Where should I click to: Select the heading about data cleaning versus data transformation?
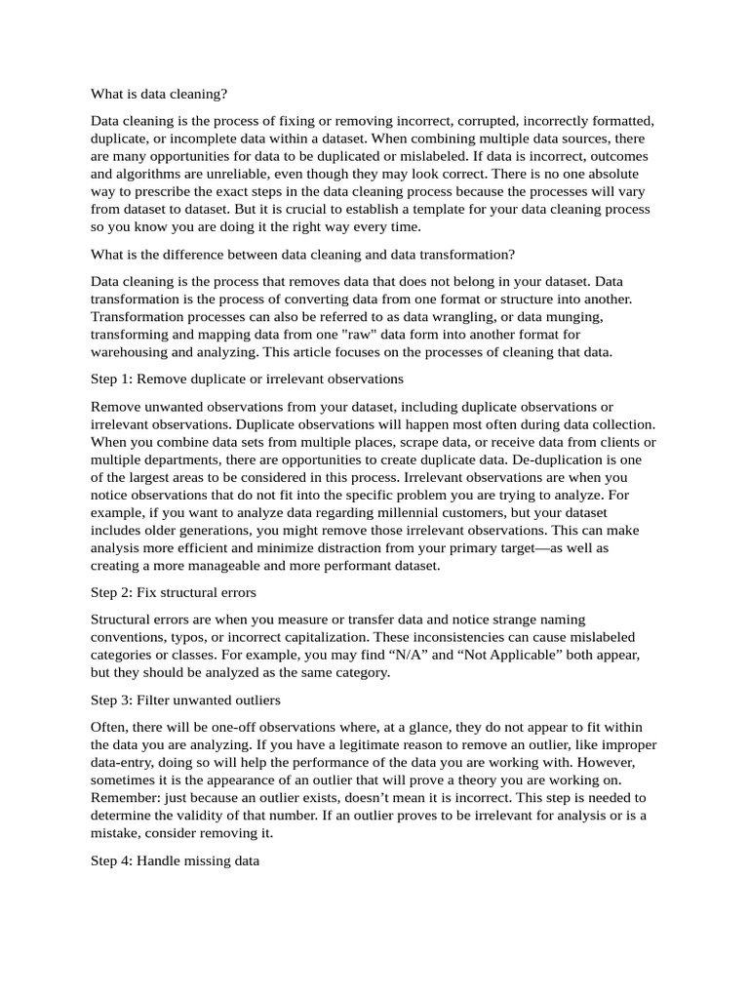[302, 255]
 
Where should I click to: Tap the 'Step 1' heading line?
[247, 378]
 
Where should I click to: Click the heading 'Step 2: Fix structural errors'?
[174, 592]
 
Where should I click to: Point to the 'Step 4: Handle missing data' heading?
[175, 861]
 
